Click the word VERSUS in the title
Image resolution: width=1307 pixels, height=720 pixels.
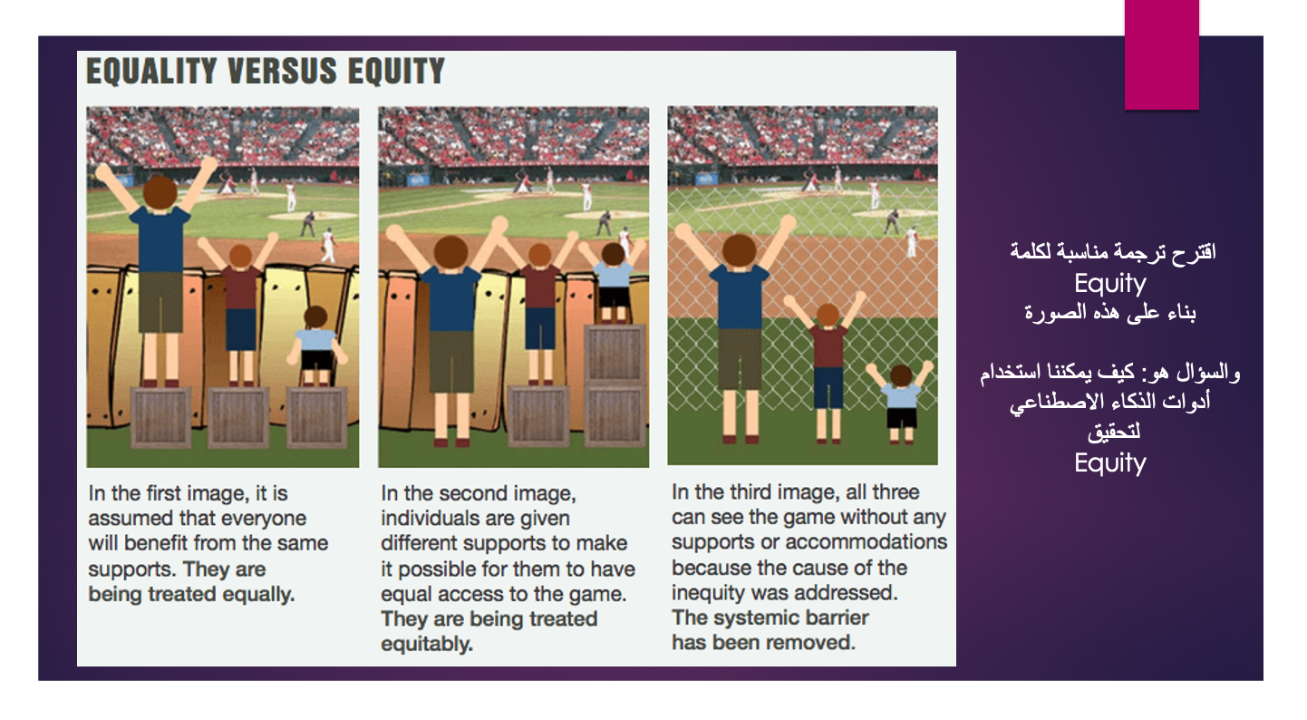click(283, 72)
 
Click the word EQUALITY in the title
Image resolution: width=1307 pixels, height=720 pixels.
click(151, 72)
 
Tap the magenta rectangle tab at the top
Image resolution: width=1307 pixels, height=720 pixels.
click(1161, 54)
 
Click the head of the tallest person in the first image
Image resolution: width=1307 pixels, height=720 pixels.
click(160, 192)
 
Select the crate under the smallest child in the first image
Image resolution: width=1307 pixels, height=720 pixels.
click(317, 417)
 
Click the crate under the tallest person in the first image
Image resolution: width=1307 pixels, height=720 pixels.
click(160, 417)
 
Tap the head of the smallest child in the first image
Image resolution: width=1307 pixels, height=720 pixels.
click(315, 317)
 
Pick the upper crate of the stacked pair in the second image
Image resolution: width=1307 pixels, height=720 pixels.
click(615, 355)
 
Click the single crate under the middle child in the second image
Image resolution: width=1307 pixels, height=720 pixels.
click(538, 416)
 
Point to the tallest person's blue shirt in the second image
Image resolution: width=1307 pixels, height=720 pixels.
click(450, 297)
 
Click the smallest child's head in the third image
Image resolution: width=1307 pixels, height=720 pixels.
click(901, 375)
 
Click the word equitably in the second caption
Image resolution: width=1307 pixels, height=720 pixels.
click(427, 644)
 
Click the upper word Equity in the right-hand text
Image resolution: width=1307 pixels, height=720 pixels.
click(1109, 284)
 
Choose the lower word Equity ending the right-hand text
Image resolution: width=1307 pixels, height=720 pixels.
click(1109, 463)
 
